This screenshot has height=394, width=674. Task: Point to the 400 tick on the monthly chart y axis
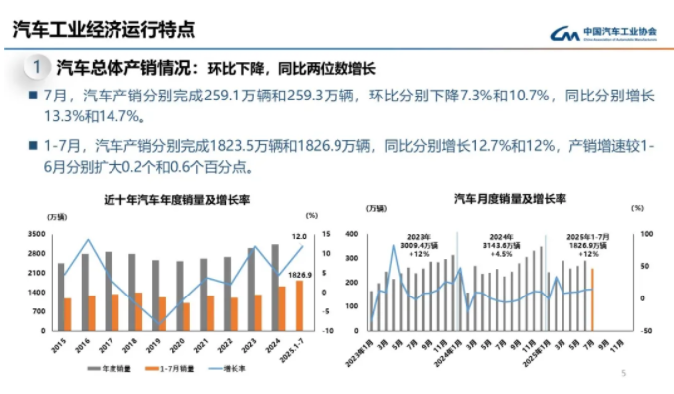357,235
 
